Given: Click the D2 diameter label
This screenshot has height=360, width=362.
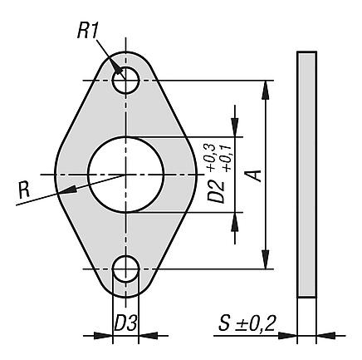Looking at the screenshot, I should point(217,189).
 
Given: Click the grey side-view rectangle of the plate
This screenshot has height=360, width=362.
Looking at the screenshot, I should point(306,175).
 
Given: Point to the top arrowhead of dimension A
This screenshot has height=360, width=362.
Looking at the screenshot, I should point(266,86).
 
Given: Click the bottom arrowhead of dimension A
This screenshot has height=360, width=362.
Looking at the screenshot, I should point(266,264).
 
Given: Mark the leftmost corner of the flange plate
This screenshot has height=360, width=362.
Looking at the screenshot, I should point(55,175).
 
